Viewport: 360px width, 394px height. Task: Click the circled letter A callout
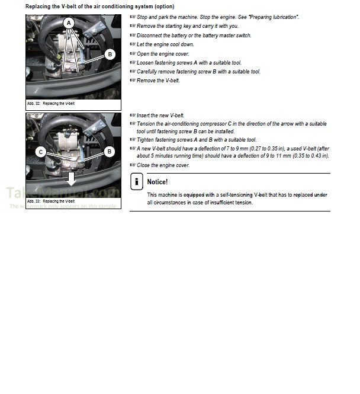point(69,24)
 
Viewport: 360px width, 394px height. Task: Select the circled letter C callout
point(41,152)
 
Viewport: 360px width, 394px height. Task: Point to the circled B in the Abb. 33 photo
point(110,152)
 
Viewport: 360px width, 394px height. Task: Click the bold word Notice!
point(157,182)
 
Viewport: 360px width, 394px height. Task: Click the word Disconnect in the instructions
point(150,36)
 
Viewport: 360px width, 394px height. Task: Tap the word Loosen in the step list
point(146,63)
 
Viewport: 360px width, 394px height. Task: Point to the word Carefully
point(149,72)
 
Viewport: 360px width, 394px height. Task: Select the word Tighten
point(147,140)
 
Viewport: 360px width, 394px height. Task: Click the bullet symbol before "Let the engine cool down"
point(133,44)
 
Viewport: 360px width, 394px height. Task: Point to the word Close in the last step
point(144,165)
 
